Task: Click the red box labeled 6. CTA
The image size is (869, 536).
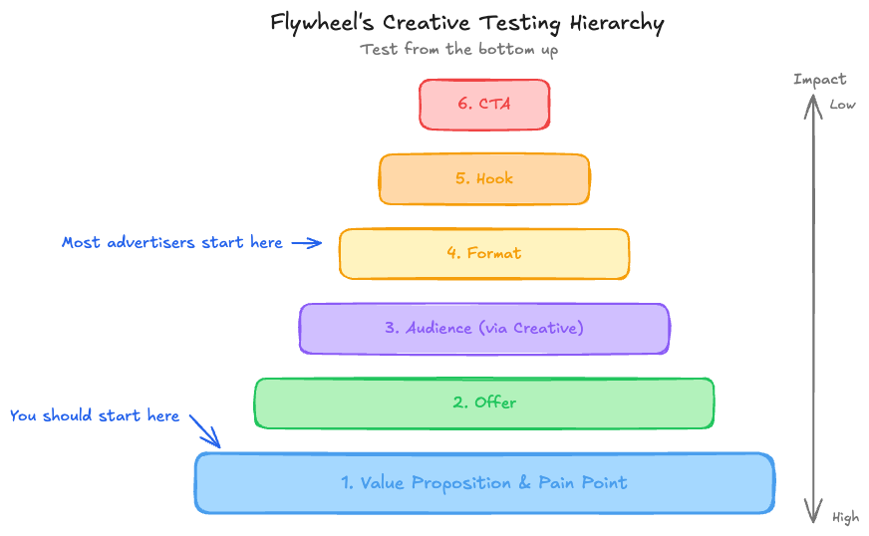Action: pos(484,105)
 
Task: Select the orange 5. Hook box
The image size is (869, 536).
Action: pos(484,179)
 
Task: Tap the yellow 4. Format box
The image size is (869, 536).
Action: pos(484,254)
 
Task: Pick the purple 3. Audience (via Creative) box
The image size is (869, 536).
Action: pos(484,329)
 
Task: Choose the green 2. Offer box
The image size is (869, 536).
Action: pos(484,403)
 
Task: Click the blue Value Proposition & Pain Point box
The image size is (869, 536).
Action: pos(484,483)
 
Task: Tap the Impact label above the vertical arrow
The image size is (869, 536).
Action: pos(819,79)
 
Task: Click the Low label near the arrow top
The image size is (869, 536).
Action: pos(842,105)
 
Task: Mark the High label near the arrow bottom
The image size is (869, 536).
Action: pos(844,517)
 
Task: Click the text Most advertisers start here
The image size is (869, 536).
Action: pos(171,242)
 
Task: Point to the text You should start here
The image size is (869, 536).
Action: pos(95,415)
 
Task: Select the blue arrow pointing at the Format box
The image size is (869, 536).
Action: pos(307,242)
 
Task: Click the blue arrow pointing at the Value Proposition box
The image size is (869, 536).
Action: pos(205,432)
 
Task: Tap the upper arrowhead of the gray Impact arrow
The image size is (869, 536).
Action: pos(814,103)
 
